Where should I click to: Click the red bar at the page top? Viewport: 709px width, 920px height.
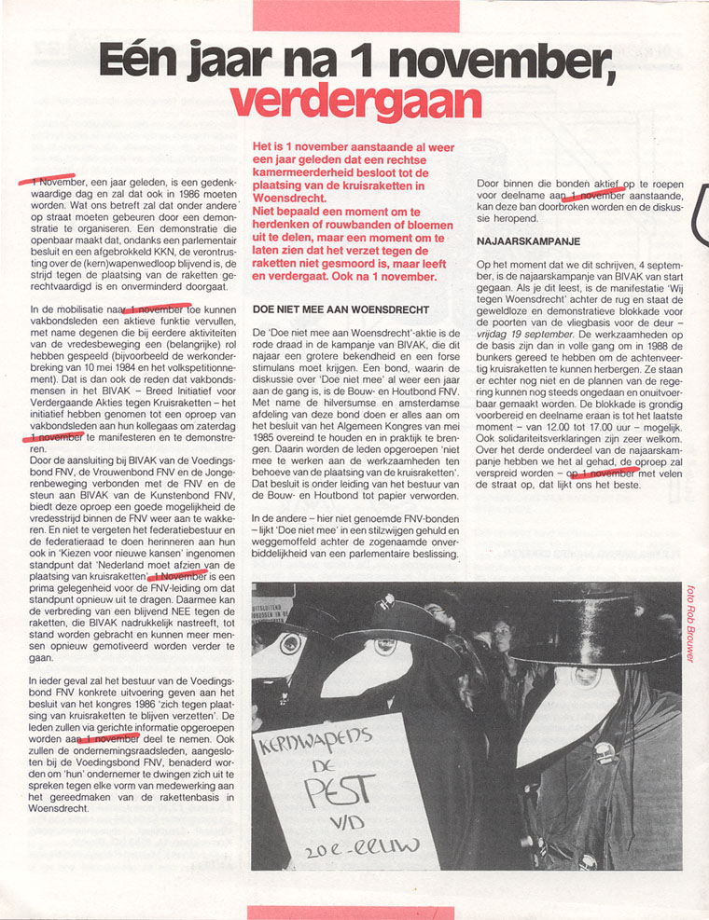coord(355,15)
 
